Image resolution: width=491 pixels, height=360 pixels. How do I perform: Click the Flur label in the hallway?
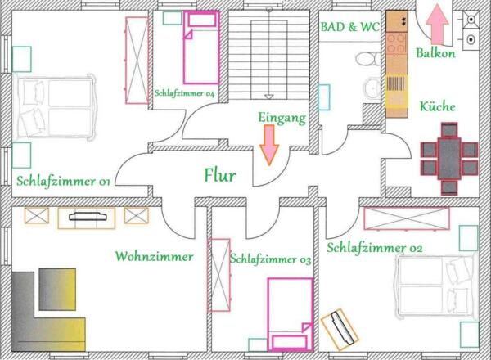[220, 175]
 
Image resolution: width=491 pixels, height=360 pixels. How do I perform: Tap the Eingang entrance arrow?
[269, 145]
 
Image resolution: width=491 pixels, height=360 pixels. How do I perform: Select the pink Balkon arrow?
[438, 25]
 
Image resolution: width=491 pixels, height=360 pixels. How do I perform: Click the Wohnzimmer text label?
[154, 256]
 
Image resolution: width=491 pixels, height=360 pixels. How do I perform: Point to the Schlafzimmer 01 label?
[63, 182]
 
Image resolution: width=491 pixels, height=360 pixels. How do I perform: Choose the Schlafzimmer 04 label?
[185, 93]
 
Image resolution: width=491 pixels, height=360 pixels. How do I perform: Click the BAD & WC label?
[349, 27]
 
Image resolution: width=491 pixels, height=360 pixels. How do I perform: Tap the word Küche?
[438, 106]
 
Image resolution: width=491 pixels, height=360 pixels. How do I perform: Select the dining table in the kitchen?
[449, 159]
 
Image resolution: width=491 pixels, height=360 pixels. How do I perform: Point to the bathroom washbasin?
[372, 88]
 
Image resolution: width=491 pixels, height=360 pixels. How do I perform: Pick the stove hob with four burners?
[396, 43]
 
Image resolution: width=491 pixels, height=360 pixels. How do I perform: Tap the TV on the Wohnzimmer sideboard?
[88, 216]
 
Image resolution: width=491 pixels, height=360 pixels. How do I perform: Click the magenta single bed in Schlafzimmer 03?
[291, 314]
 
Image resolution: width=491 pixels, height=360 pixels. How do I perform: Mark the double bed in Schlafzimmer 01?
[56, 106]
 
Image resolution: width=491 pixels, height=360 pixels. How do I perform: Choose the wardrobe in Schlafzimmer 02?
[407, 218]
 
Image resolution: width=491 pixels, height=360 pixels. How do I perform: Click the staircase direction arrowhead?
[268, 97]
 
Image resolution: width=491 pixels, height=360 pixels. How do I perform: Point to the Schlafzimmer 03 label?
[271, 259]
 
